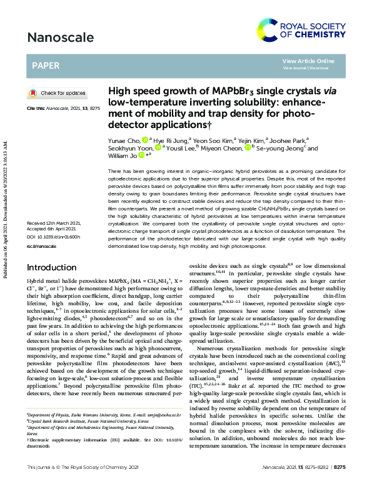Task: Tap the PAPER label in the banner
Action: pyautogui.click(x=47, y=65)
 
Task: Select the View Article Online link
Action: pyautogui.click(x=308, y=61)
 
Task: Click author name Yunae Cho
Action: pyautogui.click(x=123, y=141)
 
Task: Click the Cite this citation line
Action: pyautogui.click(x=63, y=108)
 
